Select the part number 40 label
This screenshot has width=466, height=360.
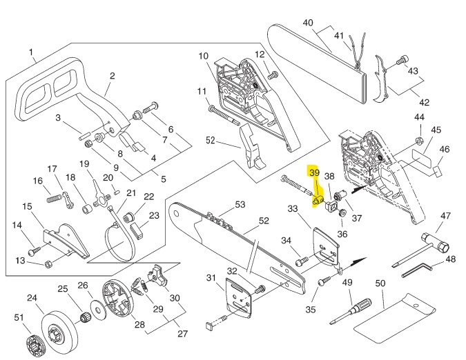tap(308, 22)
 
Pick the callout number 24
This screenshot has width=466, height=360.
tap(32, 298)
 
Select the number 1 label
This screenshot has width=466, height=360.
tap(32, 51)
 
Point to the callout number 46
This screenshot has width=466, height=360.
tap(445, 149)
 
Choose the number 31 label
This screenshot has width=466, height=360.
tap(211, 277)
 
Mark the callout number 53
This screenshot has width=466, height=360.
tap(240, 204)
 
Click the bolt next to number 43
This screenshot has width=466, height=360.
tap(401, 63)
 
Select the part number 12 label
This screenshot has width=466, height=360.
tap(260, 54)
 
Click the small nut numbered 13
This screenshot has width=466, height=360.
tap(48, 263)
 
